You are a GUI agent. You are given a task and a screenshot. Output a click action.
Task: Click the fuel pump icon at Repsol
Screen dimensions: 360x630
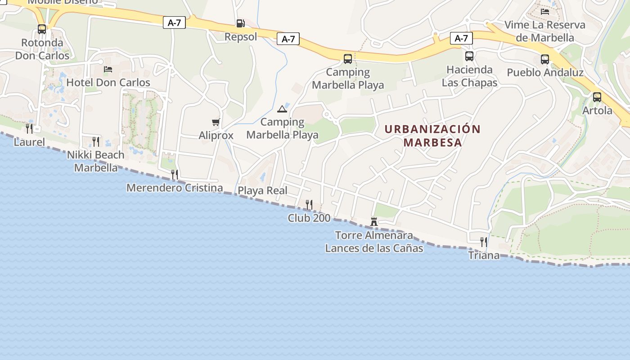240,23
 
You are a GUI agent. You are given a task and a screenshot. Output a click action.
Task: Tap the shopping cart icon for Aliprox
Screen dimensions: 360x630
216,122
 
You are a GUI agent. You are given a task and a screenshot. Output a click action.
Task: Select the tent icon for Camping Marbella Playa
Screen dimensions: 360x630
282,109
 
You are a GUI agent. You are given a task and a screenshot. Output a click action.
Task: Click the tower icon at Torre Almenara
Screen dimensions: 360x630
373,221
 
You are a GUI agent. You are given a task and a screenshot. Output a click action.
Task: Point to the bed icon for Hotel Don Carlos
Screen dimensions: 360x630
108,69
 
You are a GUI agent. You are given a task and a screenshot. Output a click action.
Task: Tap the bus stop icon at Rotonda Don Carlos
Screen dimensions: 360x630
42,29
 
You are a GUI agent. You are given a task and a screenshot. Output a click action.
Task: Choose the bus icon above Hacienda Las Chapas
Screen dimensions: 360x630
469,56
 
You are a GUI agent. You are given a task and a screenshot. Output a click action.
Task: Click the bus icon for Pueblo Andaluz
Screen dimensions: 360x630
545,59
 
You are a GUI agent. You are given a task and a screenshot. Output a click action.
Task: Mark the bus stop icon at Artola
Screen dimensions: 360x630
597,97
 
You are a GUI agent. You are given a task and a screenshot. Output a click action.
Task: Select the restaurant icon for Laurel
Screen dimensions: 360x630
29,129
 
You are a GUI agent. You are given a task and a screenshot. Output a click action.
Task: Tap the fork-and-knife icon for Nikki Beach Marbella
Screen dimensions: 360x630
96,141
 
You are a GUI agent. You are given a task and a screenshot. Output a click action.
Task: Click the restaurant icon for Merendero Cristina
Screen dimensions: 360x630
175,174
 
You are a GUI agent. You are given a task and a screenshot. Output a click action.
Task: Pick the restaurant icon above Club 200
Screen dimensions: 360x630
309,205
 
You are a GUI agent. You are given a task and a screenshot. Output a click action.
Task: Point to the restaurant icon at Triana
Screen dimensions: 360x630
484,242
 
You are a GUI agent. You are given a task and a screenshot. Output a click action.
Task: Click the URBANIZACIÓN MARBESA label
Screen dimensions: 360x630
432,135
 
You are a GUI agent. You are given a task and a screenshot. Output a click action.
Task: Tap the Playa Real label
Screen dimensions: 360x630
262,190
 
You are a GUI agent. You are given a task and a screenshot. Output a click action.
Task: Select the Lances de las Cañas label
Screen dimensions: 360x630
374,248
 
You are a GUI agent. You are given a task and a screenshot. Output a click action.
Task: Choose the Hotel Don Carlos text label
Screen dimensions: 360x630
108,82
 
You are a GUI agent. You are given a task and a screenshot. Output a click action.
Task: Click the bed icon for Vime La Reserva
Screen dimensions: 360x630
545,12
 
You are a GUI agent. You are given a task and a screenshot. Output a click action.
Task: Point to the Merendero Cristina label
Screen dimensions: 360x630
175,188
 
